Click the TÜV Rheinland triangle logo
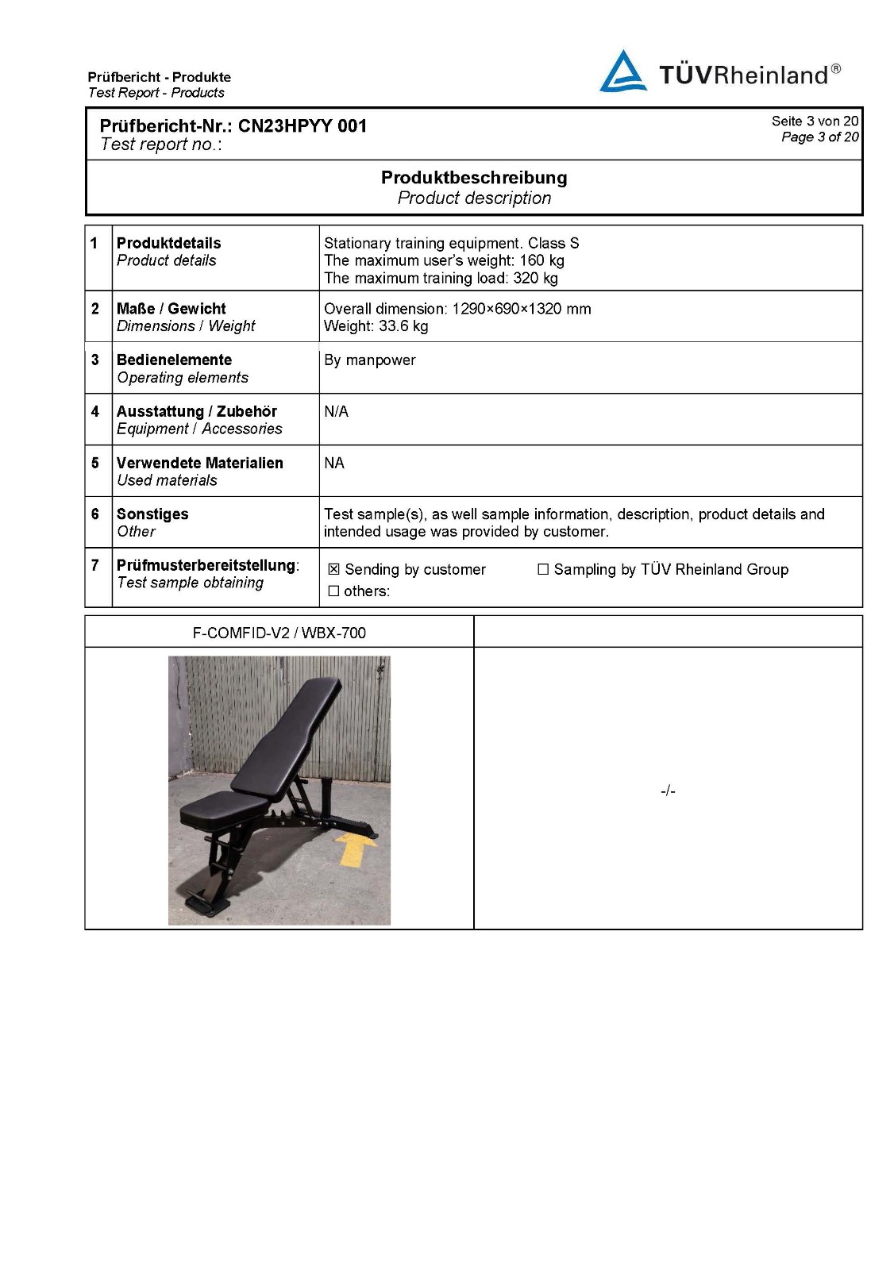click(x=623, y=73)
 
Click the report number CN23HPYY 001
click(x=302, y=126)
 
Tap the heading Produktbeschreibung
click(x=474, y=178)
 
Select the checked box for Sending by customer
click(x=333, y=570)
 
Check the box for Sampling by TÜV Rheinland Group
click(x=543, y=569)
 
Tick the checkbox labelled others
click(x=333, y=591)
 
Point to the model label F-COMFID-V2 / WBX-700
click(x=279, y=633)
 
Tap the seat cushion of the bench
click(x=217, y=808)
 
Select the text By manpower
click(x=369, y=360)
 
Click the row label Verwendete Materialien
click(x=199, y=463)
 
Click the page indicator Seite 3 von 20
click(x=815, y=121)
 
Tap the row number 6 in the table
click(x=95, y=514)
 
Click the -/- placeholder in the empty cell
click(x=668, y=791)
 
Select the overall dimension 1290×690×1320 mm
click(x=521, y=309)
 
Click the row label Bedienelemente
click(x=174, y=360)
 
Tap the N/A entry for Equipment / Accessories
click(x=336, y=412)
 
